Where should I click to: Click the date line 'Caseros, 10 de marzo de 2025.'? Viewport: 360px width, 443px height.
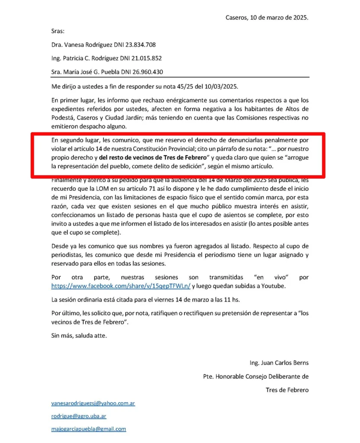pos(267,18)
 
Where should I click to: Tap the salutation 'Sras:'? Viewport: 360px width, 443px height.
pos(58,31)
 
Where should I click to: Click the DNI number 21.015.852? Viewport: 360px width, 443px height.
pos(147,58)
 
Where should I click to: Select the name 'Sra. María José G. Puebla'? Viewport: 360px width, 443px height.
pos(85,71)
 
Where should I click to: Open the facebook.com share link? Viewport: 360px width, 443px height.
pos(121,286)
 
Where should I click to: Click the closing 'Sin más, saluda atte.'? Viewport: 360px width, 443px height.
pos(78,335)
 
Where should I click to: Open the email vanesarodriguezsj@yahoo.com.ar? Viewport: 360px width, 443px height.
pos(93,403)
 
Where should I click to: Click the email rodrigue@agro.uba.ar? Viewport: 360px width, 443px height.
pos(79,416)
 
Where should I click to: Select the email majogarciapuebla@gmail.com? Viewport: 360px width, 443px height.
pos(89,429)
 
